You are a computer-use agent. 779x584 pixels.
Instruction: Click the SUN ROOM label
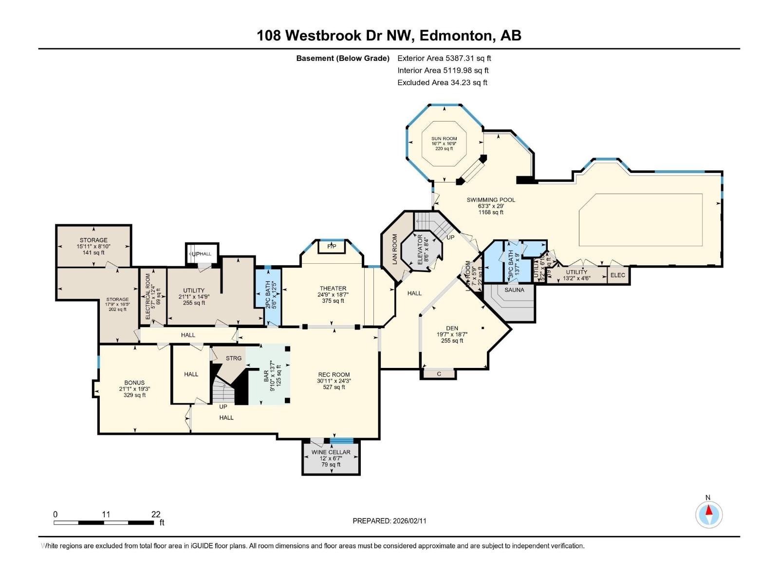[x=444, y=139]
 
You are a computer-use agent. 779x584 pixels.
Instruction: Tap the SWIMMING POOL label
[x=491, y=200]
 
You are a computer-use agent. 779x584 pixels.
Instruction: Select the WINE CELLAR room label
[x=331, y=452]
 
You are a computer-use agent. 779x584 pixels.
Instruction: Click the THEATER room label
[x=333, y=289]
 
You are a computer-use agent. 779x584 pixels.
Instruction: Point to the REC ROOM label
[x=334, y=375]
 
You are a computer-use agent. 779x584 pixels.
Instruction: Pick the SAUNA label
[x=514, y=290]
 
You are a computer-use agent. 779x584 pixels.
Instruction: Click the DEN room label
[x=452, y=328]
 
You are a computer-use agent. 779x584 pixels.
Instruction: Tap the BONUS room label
[x=134, y=383]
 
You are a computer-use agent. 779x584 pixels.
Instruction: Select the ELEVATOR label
[x=420, y=250]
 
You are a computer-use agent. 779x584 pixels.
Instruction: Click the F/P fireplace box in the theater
[x=332, y=247]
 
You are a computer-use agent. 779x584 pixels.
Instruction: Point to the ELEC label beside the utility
[x=618, y=275]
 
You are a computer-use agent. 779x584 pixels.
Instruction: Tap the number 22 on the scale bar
[x=156, y=514]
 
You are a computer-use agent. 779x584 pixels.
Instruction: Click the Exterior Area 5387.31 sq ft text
[x=444, y=58]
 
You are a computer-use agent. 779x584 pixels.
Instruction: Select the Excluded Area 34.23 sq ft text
[x=442, y=82]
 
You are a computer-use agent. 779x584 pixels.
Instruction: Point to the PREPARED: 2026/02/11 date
[x=389, y=521]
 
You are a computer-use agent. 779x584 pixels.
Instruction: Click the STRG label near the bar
[x=234, y=358]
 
